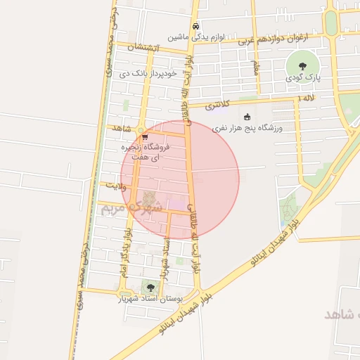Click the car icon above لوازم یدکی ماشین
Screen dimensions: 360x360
point(195,26)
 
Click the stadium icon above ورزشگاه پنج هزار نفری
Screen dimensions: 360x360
point(246,117)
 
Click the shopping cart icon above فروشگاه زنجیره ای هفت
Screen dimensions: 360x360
point(144,137)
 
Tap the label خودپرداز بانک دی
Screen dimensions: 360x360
point(148,72)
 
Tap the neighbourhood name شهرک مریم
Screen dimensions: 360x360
point(132,207)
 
